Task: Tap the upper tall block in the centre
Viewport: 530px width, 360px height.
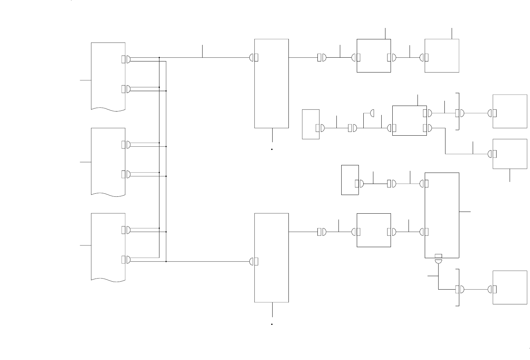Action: tap(272, 83)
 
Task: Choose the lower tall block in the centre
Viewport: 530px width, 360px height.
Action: tap(272, 257)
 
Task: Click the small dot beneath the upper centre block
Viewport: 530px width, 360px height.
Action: tap(272, 149)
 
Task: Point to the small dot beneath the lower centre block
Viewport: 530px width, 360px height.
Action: tap(272, 324)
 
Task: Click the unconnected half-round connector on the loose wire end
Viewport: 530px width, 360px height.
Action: tap(372, 113)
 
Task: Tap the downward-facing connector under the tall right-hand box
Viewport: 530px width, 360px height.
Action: tap(439, 262)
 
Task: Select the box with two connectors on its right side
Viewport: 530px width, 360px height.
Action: tap(410, 120)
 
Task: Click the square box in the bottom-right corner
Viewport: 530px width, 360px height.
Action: tap(510, 288)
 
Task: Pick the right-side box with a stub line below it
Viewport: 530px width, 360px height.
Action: tap(510, 154)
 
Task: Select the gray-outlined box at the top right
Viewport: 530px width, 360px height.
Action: tap(442, 56)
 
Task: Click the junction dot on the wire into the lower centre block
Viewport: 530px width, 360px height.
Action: tap(166, 262)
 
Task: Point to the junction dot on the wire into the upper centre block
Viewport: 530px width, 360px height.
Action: tap(159, 58)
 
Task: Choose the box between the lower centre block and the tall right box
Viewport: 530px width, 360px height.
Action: tap(374, 230)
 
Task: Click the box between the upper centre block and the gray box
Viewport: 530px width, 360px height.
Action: tap(374, 56)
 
